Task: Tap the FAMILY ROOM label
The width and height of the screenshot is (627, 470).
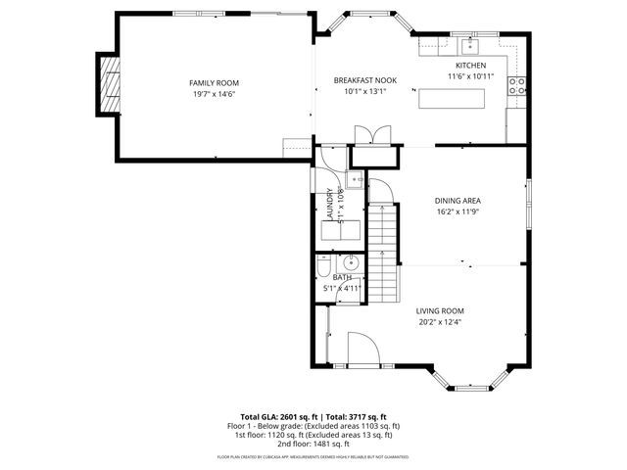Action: click(215, 83)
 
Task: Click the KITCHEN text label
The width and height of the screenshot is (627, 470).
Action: click(470, 66)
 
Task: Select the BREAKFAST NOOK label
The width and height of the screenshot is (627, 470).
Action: click(365, 80)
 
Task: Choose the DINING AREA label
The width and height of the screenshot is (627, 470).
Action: click(458, 201)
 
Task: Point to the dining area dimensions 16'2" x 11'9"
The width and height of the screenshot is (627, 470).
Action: click(458, 212)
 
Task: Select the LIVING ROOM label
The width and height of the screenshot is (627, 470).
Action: click(439, 310)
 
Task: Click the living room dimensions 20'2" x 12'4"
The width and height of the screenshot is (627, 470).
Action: click(439, 322)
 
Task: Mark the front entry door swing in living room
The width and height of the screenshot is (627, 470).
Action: click(361, 349)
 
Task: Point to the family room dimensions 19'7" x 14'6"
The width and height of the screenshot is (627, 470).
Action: click(215, 94)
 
